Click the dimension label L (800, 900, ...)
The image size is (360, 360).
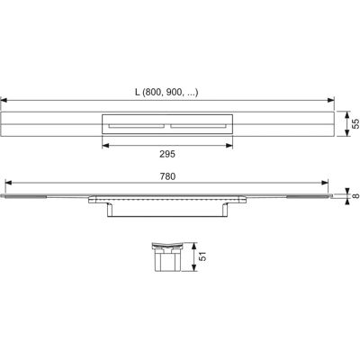(x=166, y=93)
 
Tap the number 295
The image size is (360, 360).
(x=167, y=154)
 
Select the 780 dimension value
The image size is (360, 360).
(x=167, y=176)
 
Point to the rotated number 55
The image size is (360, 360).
(x=355, y=123)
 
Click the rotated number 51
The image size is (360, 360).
(x=203, y=256)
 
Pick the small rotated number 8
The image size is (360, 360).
(x=355, y=196)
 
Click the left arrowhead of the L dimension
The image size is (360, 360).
(x=4, y=101)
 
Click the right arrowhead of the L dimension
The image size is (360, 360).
(x=331, y=101)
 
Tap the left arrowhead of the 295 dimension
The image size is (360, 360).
(x=105, y=146)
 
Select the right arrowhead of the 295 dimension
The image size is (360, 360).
(x=229, y=146)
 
